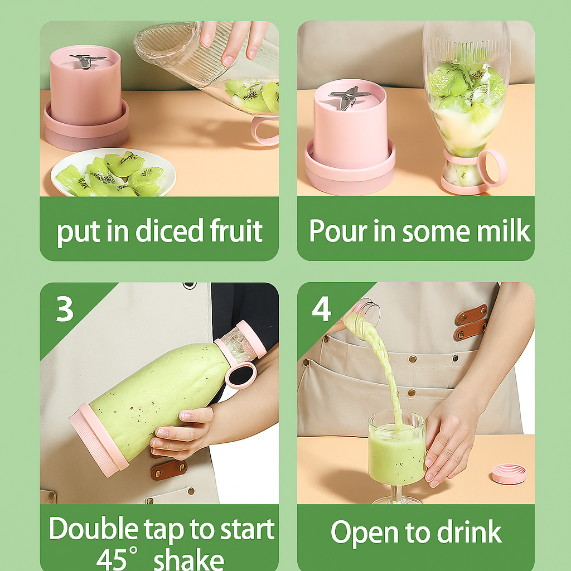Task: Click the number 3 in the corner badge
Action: [65, 309]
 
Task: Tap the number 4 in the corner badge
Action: [322, 309]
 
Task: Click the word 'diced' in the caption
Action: [170, 230]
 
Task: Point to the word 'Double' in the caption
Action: [94, 529]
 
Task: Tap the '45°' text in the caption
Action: [117, 559]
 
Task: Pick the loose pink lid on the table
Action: [509, 473]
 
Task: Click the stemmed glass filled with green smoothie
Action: [396, 455]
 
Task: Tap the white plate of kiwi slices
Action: [113, 172]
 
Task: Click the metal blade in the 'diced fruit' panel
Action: [86, 60]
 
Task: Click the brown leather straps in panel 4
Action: [471, 322]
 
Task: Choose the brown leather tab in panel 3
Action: [169, 470]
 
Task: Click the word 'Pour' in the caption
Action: [338, 230]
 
